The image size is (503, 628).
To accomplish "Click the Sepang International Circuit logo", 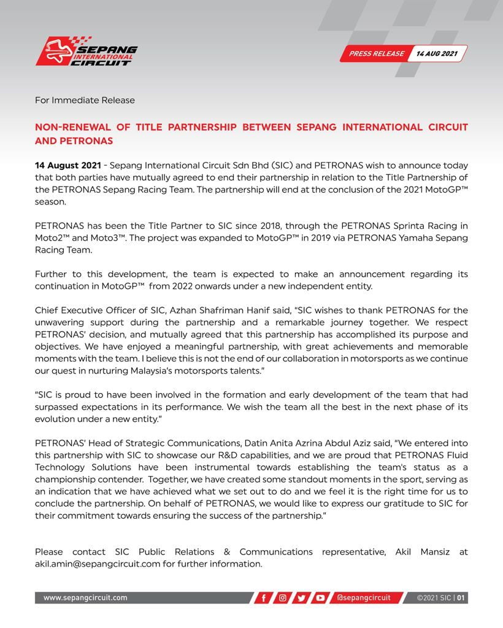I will tap(86, 52).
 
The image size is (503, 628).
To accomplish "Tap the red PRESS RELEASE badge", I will tap(376, 53).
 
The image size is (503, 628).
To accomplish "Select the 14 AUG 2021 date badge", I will tap(437, 53).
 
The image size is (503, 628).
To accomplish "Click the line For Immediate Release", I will tap(85, 100).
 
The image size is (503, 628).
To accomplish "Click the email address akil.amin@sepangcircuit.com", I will tap(97, 564).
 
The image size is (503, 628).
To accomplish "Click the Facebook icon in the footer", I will tap(264, 598).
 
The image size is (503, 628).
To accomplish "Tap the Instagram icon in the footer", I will tap(283, 598).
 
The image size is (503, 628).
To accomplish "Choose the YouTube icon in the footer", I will tap(320, 598).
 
